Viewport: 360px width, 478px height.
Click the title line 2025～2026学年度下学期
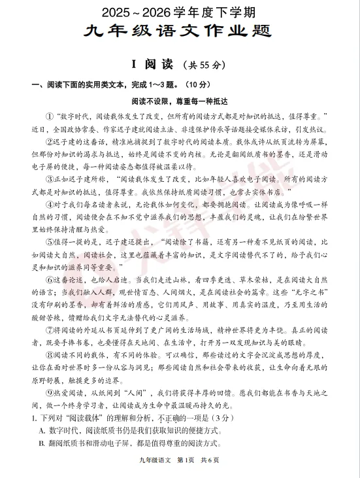coord(180,12)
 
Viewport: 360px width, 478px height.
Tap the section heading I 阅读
coord(152,63)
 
